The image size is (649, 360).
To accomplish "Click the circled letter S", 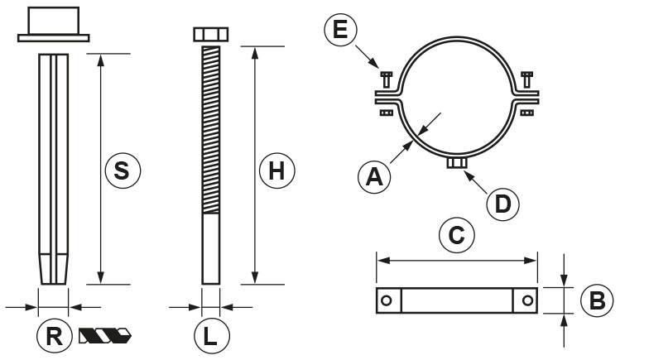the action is (123, 170).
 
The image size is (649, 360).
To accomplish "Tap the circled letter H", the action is (276, 170).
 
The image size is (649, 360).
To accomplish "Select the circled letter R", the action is (55, 336).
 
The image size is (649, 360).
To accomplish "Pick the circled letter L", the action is (212, 336).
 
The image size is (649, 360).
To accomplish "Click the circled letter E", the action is (341, 30).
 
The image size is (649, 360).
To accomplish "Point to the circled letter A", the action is (374, 177).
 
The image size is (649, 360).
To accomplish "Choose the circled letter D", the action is (502, 204).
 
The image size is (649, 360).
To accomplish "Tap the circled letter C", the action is (457, 235).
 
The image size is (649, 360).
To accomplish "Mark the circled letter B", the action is (597, 300).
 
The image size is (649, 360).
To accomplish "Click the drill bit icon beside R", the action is (104, 336).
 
